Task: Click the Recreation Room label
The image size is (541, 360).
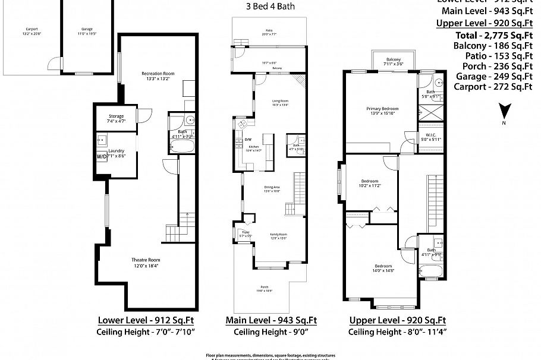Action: tap(156, 74)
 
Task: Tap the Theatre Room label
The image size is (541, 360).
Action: tap(146, 260)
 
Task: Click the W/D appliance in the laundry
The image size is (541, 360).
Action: tap(101, 157)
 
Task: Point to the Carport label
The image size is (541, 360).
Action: tap(31, 29)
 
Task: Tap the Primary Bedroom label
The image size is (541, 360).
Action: tap(382, 109)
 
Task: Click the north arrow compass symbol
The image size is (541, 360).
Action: tap(504, 112)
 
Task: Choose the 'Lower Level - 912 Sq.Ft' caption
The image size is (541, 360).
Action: tap(141, 320)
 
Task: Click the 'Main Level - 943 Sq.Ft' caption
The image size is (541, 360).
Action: tap(270, 320)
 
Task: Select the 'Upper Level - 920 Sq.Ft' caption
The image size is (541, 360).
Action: tap(398, 320)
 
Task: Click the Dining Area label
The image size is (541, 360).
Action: tap(272, 188)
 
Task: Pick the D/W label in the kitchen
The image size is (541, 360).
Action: tap(248, 140)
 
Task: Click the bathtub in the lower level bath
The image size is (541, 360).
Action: tap(182, 145)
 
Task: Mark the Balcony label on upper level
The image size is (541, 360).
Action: tap(393, 59)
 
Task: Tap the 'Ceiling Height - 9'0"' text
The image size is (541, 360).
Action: tap(270, 332)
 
